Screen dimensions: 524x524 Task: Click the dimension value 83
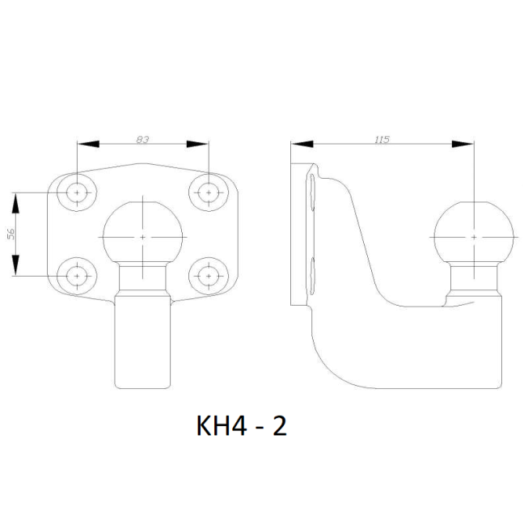[142, 139]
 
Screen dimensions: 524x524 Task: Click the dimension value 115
[382, 139]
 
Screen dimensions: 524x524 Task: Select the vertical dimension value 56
[11, 235]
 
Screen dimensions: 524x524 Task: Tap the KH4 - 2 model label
[241, 426]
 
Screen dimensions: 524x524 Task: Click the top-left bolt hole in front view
[77, 192]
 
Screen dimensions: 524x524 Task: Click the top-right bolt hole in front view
[209, 192]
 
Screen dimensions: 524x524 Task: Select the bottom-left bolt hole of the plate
[77, 276]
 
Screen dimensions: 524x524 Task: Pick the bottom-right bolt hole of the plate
[209, 276]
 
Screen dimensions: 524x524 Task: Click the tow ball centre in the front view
[143, 237]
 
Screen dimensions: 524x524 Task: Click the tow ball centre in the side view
[474, 237]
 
